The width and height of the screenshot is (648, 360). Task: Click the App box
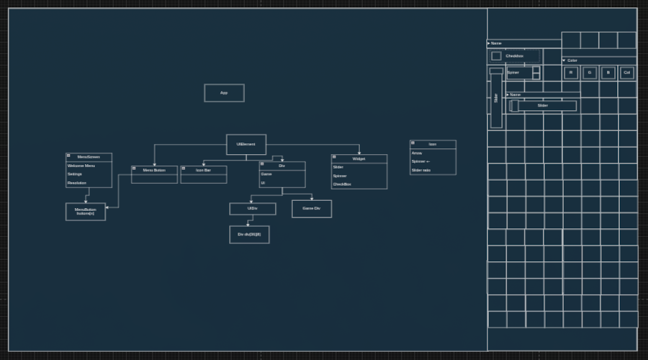point(224,93)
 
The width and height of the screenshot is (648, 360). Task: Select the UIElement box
point(246,145)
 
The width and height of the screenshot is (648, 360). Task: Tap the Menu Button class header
point(154,170)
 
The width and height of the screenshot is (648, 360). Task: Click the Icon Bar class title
point(204,170)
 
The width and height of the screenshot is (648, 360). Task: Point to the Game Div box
point(312,209)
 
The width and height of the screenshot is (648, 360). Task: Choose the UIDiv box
point(253,209)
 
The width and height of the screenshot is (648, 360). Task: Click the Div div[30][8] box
point(249,235)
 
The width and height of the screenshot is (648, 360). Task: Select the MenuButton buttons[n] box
point(86,212)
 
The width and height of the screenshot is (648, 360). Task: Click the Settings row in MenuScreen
point(75,174)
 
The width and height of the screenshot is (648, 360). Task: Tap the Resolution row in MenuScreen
point(77,183)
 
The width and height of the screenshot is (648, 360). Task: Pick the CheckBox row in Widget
point(342,184)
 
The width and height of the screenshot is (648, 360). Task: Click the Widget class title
point(359,158)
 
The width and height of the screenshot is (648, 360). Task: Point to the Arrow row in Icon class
point(417,153)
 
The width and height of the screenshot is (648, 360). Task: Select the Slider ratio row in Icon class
point(421,170)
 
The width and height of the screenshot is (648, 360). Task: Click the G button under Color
point(590,73)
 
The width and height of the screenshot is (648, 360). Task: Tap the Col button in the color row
point(627,73)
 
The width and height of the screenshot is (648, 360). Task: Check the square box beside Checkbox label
point(496,56)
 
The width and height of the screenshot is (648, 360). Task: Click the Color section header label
point(572,60)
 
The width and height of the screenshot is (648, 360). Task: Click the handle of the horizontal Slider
point(514,106)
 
